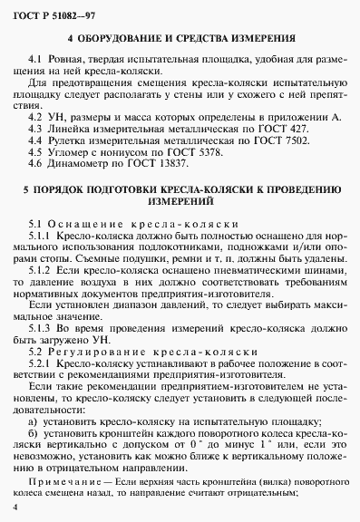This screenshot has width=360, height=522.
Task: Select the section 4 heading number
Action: coord(72,40)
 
